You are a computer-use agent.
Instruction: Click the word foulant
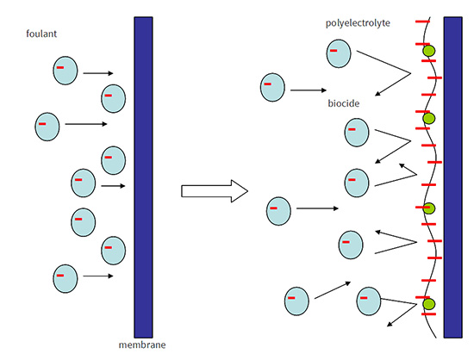tap(41, 34)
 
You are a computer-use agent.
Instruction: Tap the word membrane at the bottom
tap(142, 344)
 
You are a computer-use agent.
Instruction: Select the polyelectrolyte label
tap(358, 23)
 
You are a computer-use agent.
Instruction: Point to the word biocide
tap(344, 103)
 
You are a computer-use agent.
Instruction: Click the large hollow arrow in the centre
tap(215, 191)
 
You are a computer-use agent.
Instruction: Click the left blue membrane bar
tap(144, 177)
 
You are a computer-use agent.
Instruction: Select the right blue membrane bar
tap(452, 177)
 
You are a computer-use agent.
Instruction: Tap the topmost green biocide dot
tap(428, 51)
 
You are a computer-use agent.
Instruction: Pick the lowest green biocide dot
tap(428, 304)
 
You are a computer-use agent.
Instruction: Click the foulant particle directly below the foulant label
tap(65, 71)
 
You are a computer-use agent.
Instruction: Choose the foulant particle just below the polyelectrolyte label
tap(339, 53)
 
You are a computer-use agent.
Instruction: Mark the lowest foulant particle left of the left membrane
tap(65, 278)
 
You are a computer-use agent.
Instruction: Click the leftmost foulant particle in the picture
tap(47, 127)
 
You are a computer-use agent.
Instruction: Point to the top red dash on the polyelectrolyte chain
tap(422, 22)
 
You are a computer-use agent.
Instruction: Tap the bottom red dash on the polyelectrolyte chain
tap(428, 314)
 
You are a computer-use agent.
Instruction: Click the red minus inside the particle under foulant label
tap(60, 67)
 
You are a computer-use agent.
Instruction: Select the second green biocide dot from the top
tap(428, 118)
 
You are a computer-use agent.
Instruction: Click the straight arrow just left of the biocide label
tap(309, 90)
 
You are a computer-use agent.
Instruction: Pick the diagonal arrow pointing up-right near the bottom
tap(333, 290)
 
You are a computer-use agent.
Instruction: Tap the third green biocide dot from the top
tap(428, 208)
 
